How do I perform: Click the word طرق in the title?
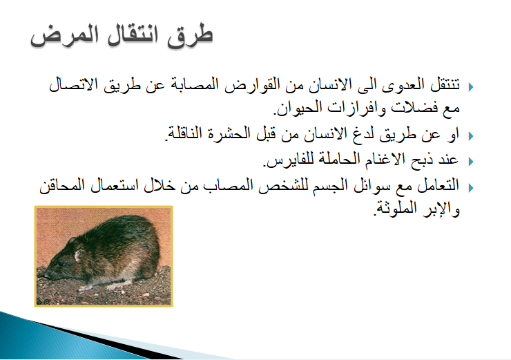pyautogui.click(x=190, y=36)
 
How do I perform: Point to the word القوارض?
pyautogui.click(x=252, y=84)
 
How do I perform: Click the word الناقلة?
pyautogui.click(x=185, y=133)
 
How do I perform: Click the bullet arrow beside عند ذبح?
pyautogui.click(x=471, y=162)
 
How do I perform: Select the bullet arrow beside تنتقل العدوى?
pyautogui.click(x=471, y=87)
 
